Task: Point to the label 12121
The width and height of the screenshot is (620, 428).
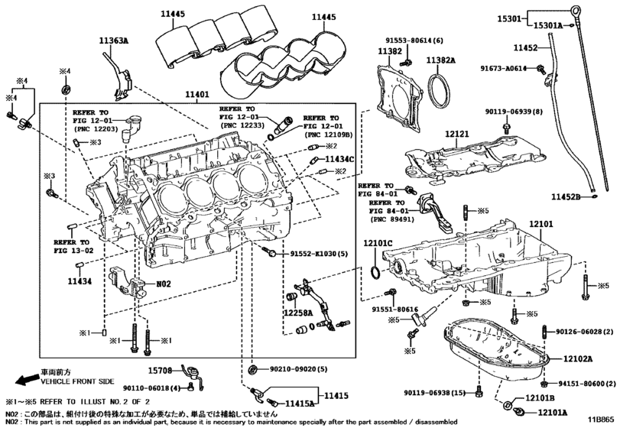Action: click(459, 133)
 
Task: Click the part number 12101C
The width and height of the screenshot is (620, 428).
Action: click(378, 243)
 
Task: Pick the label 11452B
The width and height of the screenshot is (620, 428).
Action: click(567, 197)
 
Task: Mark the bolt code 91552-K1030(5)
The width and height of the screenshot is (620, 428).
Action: click(319, 253)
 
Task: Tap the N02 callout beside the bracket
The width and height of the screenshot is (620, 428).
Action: click(164, 284)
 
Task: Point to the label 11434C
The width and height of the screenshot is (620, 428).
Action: click(340, 158)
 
